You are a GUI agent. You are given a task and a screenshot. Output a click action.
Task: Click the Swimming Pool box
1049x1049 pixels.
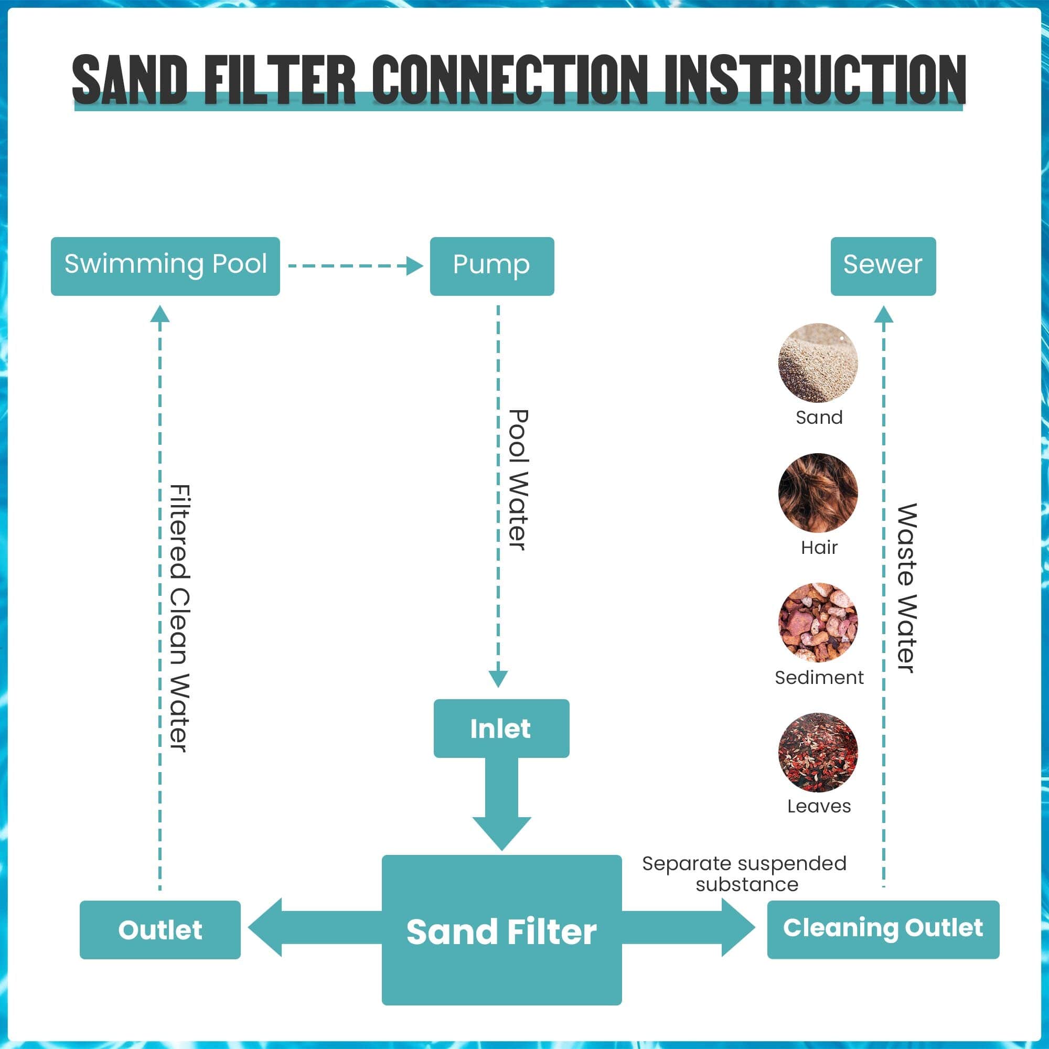(x=165, y=266)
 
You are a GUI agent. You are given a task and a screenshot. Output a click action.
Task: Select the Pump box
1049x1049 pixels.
(x=491, y=266)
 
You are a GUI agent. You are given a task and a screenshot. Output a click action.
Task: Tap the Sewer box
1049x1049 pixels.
(x=883, y=266)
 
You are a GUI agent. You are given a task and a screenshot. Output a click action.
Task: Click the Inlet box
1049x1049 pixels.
(x=500, y=728)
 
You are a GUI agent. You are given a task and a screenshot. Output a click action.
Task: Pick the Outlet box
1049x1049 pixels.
(x=159, y=929)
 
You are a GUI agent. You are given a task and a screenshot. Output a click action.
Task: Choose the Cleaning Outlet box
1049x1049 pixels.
(x=883, y=928)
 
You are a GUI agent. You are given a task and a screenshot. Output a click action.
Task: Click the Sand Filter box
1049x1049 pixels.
(x=501, y=930)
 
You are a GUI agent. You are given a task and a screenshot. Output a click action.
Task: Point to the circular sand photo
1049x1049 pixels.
(x=818, y=363)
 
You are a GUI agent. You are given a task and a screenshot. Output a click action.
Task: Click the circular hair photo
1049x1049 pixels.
(x=818, y=493)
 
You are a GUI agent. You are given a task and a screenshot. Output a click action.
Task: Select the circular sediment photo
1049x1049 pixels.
(x=818, y=622)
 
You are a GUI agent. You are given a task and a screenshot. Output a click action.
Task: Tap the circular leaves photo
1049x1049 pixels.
(x=818, y=752)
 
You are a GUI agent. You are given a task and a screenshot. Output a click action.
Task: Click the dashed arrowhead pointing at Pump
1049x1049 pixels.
(x=415, y=266)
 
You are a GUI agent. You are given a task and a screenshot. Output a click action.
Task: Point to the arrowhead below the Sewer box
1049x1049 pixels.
(x=884, y=313)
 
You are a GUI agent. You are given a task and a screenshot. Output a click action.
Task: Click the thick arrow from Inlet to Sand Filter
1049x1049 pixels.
(x=501, y=804)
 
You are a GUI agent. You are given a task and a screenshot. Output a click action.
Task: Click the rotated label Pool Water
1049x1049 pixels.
(x=518, y=480)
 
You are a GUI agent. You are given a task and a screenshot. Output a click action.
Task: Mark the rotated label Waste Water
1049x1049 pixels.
(x=906, y=587)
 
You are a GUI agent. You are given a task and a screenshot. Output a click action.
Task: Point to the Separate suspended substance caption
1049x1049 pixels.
(x=744, y=874)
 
